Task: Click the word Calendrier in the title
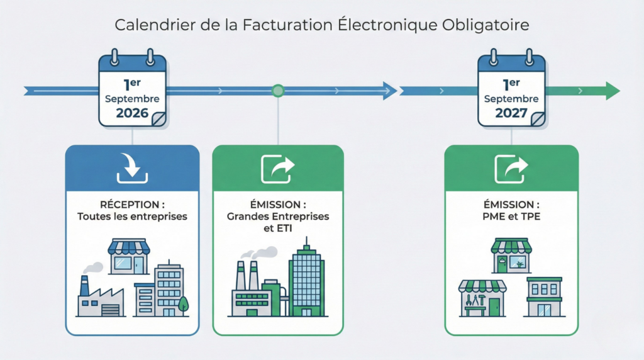tap(146, 25)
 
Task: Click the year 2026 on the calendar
tap(132, 113)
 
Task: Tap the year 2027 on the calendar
tap(511, 113)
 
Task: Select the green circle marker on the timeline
tap(278, 91)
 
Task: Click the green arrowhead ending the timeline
tap(612, 91)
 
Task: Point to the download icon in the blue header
tap(132, 169)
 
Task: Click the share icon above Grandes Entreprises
tap(278, 169)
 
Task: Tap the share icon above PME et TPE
tap(511, 169)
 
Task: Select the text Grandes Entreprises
tap(278, 217)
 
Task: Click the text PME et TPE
tap(511, 217)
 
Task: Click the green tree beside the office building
tap(184, 305)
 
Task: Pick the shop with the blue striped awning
tap(129, 255)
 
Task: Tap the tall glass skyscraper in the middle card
tap(307, 280)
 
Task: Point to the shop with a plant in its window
tap(511, 255)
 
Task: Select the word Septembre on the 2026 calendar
tap(132, 99)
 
